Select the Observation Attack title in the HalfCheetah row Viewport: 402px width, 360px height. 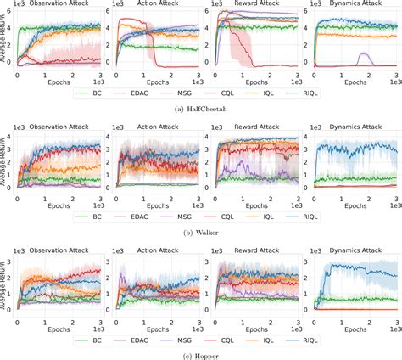point(61,6)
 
